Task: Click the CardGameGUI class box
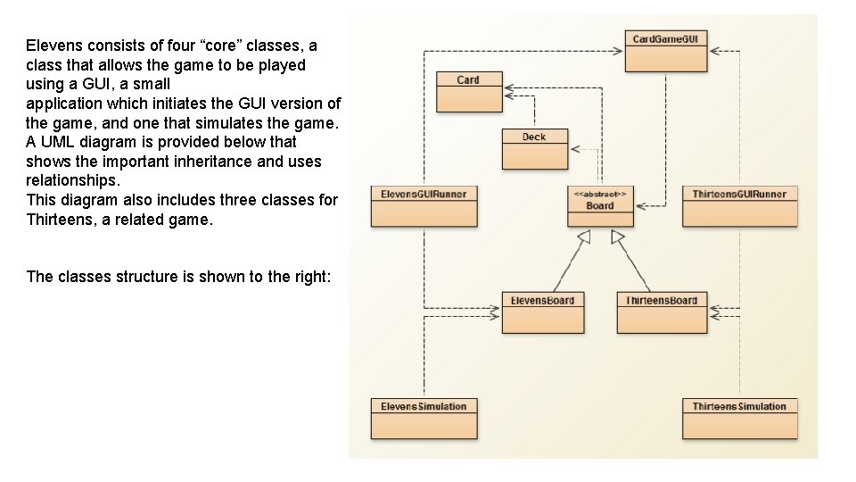click(665, 52)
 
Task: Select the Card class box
click(469, 92)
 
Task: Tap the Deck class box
click(534, 149)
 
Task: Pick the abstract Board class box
click(600, 206)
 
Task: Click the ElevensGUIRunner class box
click(424, 206)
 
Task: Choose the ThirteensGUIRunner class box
click(740, 206)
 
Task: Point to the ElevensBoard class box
click(543, 312)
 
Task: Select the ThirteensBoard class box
click(662, 312)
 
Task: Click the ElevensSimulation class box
click(424, 419)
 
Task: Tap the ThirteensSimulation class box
click(740, 419)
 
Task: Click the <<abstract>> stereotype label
click(600, 194)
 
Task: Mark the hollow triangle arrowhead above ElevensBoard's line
click(584, 237)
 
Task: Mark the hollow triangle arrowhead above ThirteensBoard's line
click(617, 237)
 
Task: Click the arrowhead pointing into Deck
click(575, 149)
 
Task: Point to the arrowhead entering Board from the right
click(642, 206)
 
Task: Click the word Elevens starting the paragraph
click(54, 46)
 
